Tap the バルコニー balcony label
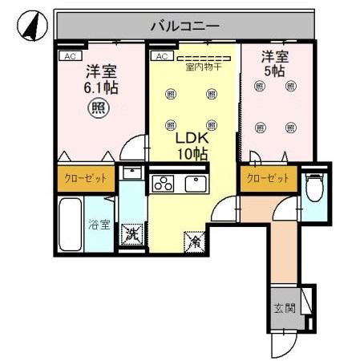185,26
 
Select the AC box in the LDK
160,56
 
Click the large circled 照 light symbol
98,107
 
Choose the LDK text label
192,137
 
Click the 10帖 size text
192,152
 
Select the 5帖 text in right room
273,71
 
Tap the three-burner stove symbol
164,185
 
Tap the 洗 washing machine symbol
130,236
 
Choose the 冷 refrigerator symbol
195,238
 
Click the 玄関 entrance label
284,307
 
